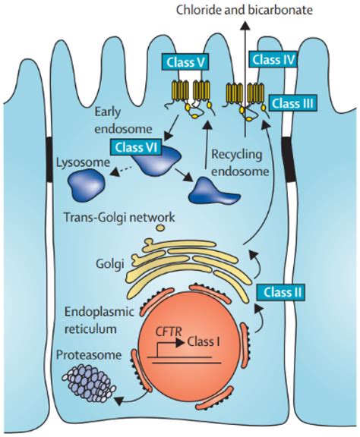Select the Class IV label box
click(x=273, y=58)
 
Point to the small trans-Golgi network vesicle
click(x=159, y=227)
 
